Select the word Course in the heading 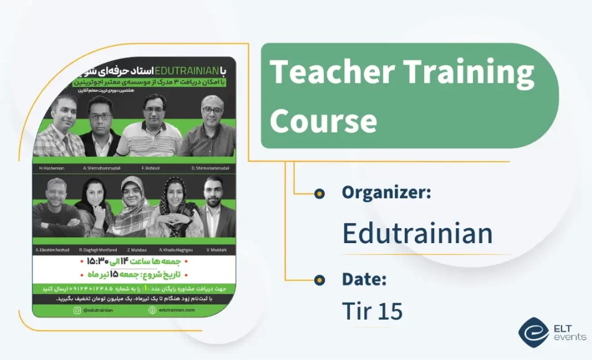click(323, 120)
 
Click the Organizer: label click(386, 193)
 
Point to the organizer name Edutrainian click(417, 234)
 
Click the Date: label click(364, 279)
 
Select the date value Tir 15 click(372, 312)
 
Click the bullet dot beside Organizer click(319, 193)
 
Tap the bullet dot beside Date click(319, 280)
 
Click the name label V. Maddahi click(215, 250)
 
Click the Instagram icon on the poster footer click(76, 310)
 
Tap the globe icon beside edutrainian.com click(152, 310)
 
